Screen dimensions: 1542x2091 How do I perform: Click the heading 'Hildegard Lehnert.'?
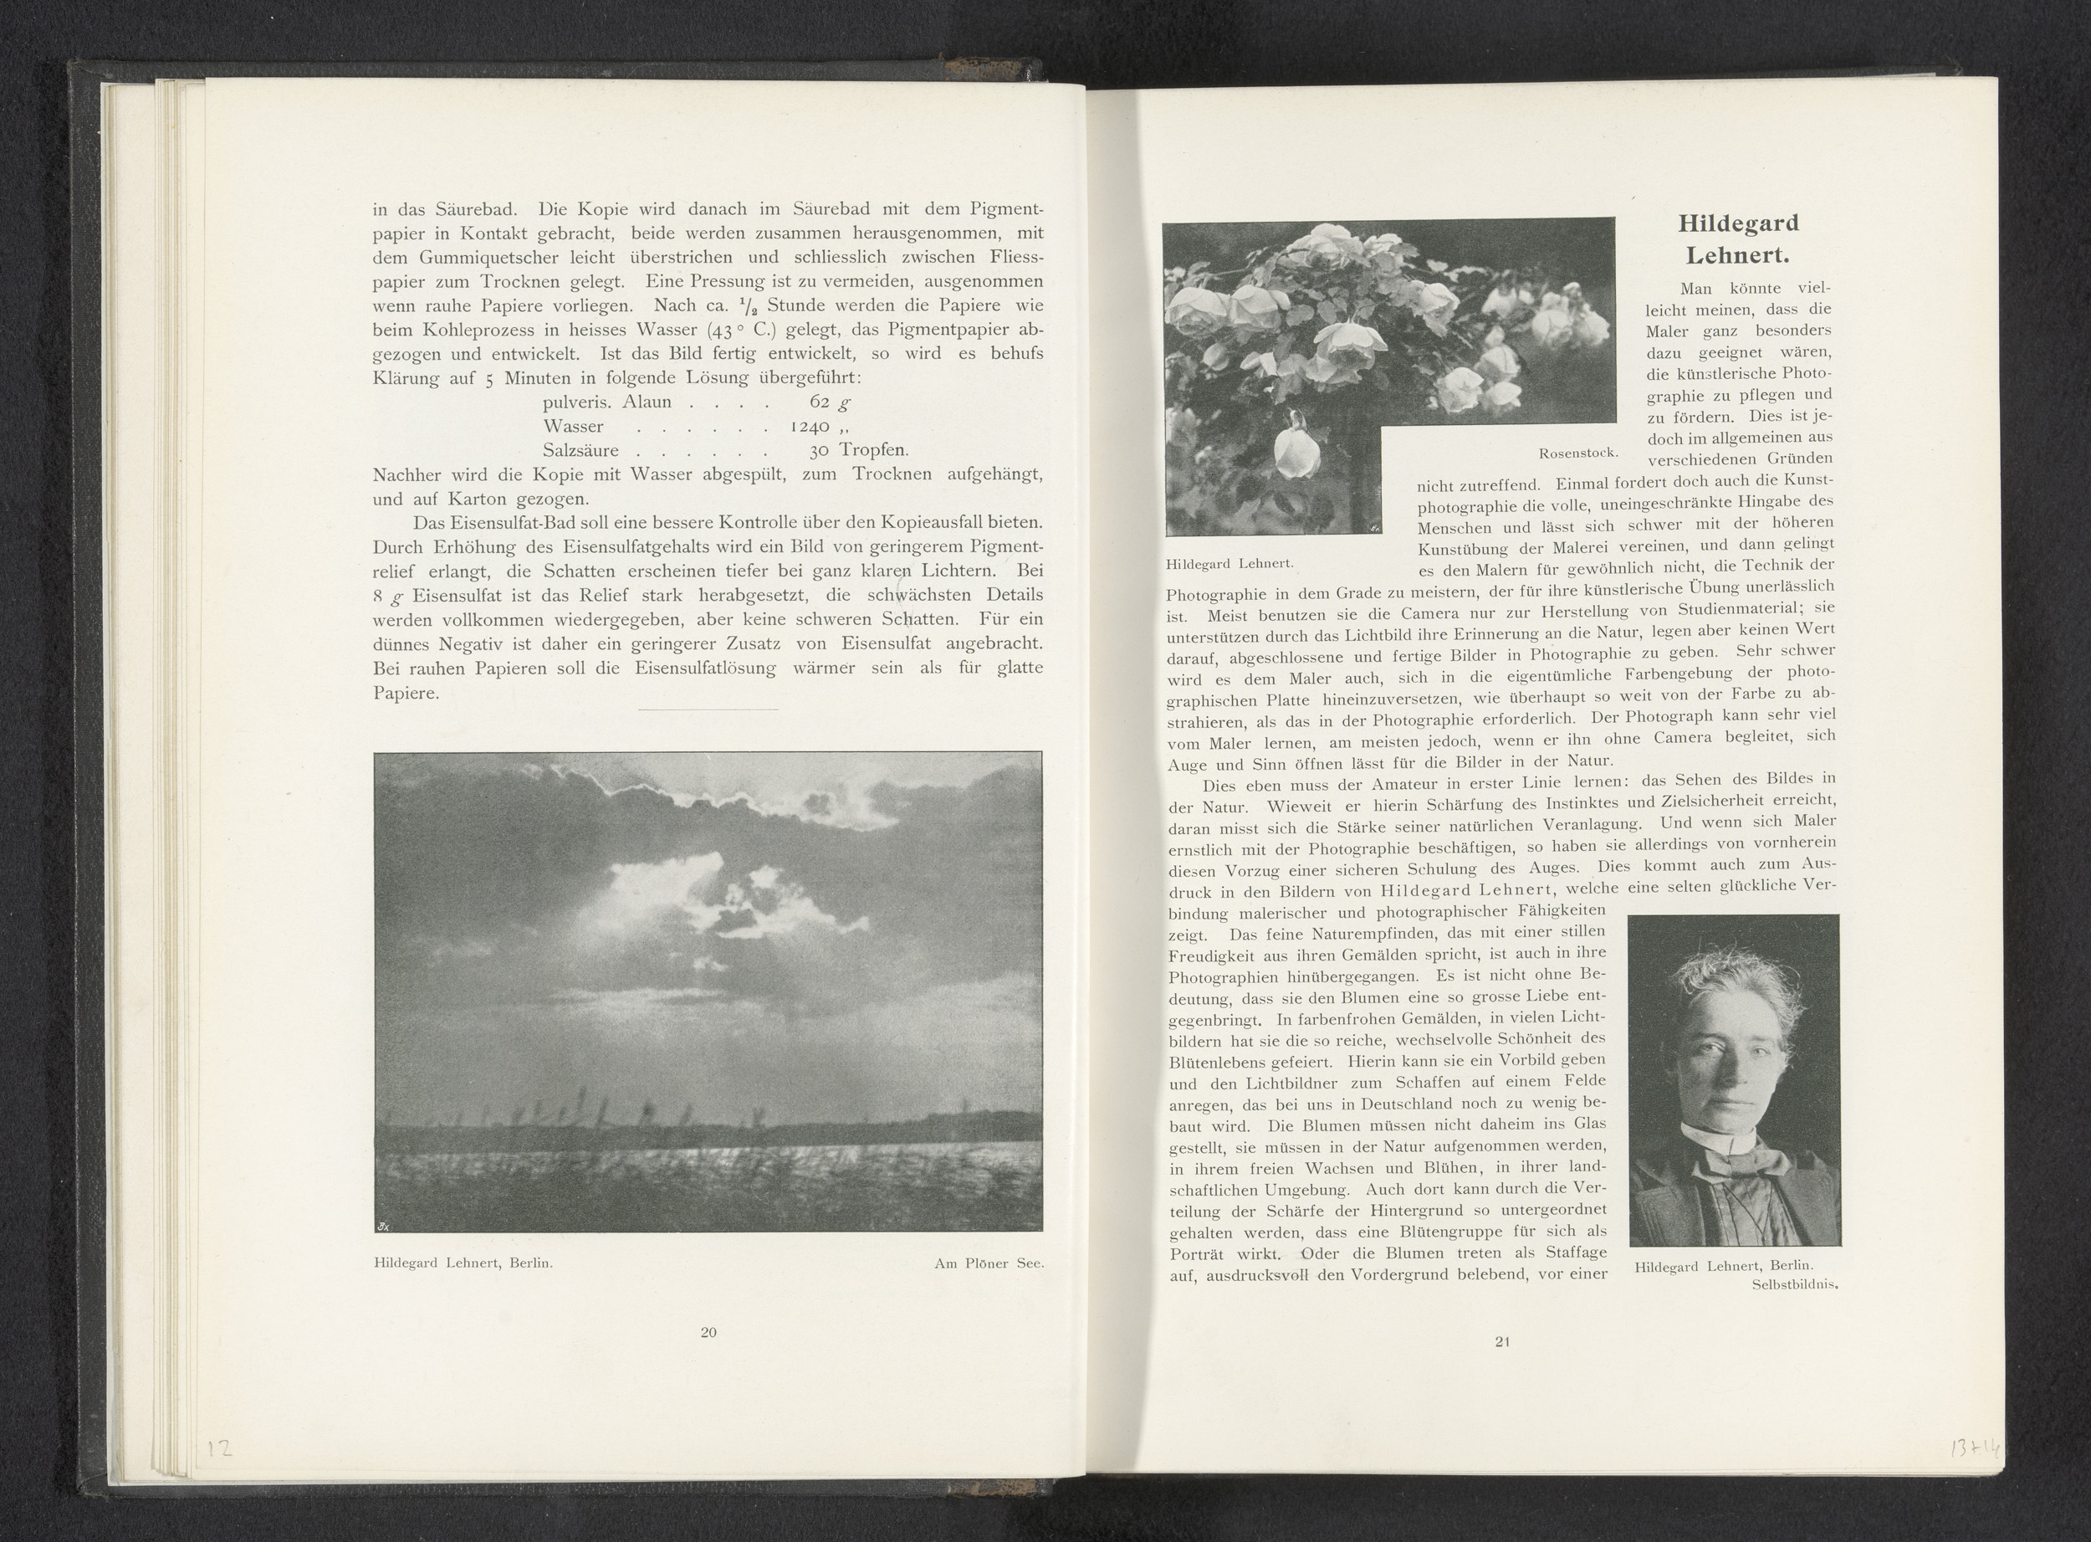[1737, 239]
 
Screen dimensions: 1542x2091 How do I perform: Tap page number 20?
[708, 1332]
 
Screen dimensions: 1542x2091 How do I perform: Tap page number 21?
[1501, 1341]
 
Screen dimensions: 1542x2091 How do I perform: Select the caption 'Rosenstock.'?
[1577, 453]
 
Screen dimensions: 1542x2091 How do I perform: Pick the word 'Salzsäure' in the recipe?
[580, 451]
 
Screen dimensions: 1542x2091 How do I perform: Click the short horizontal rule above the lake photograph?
[708, 710]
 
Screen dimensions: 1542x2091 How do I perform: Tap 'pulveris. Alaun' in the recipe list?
[606, 402]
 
